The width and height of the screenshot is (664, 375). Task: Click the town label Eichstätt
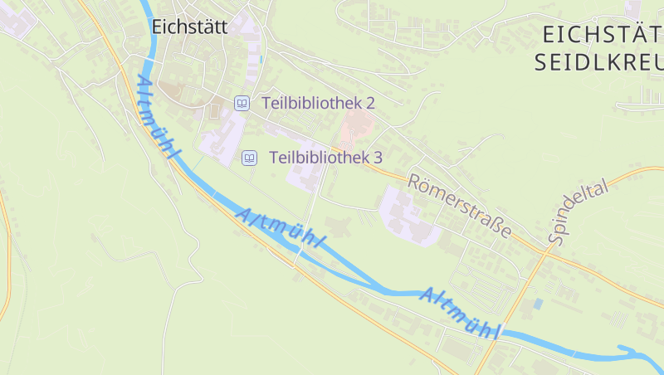tap(189, 27)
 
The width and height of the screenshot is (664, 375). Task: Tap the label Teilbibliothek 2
tap(319, 103)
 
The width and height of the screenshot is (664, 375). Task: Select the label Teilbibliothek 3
tap(325, 157)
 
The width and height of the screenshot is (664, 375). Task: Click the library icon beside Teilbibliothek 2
tap(242, 103)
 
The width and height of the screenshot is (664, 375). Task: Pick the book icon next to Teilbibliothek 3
tap(248, 157)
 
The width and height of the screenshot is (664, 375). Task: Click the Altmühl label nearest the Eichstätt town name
tap(157, 118)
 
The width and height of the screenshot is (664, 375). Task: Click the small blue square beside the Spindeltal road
tap(538, 304)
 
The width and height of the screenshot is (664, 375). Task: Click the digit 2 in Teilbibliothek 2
tap(371, 103)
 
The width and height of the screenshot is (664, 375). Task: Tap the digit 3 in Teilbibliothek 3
tap(378, 157)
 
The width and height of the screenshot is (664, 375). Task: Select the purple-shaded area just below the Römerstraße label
tap(411, 217)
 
